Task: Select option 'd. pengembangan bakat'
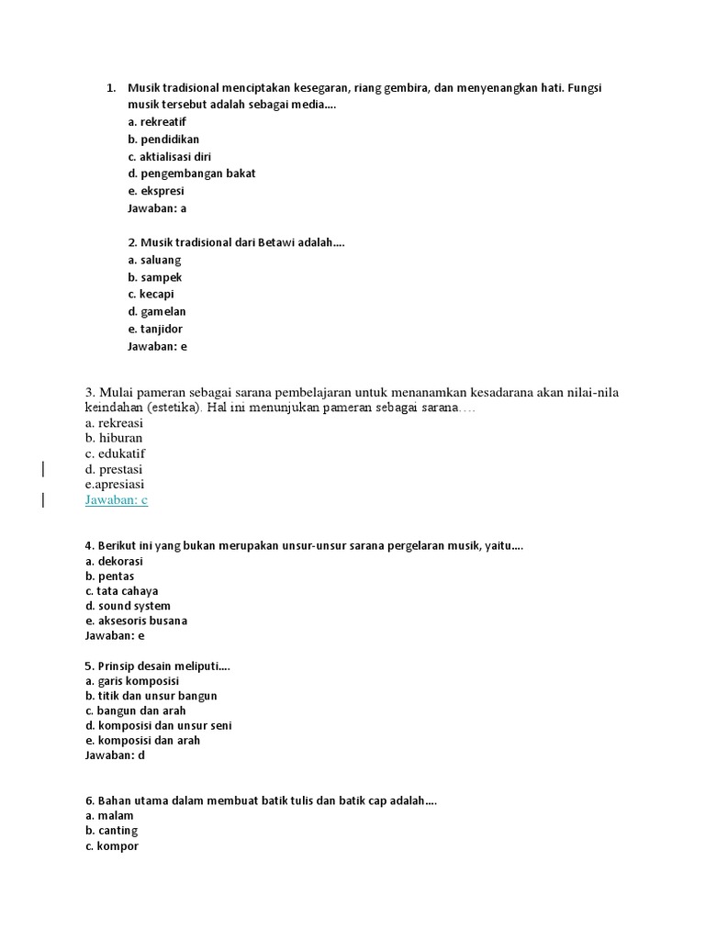(191, 173)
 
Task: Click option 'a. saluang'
(154, 260)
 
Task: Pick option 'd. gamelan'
(157, 312)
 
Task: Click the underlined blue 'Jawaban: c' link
(117, 499)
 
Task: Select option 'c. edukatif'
(116, 453)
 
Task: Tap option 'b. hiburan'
(114, 438)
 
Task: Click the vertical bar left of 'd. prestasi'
(44, 469)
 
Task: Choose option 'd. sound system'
(128, 606)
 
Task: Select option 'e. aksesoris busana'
(136, 621)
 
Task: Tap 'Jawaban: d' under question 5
(115, 755)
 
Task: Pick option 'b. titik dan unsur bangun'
(151, 696)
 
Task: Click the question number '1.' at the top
(111, 88)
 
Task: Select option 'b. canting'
(111, 831)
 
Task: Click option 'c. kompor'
(111, 846)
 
